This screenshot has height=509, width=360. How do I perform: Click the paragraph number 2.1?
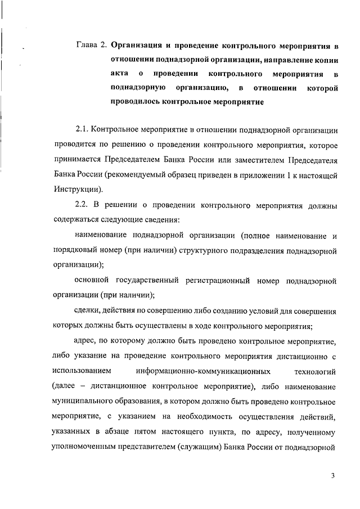click(x=82, y=130)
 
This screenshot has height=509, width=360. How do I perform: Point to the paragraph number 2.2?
click(x=82, y=206)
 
